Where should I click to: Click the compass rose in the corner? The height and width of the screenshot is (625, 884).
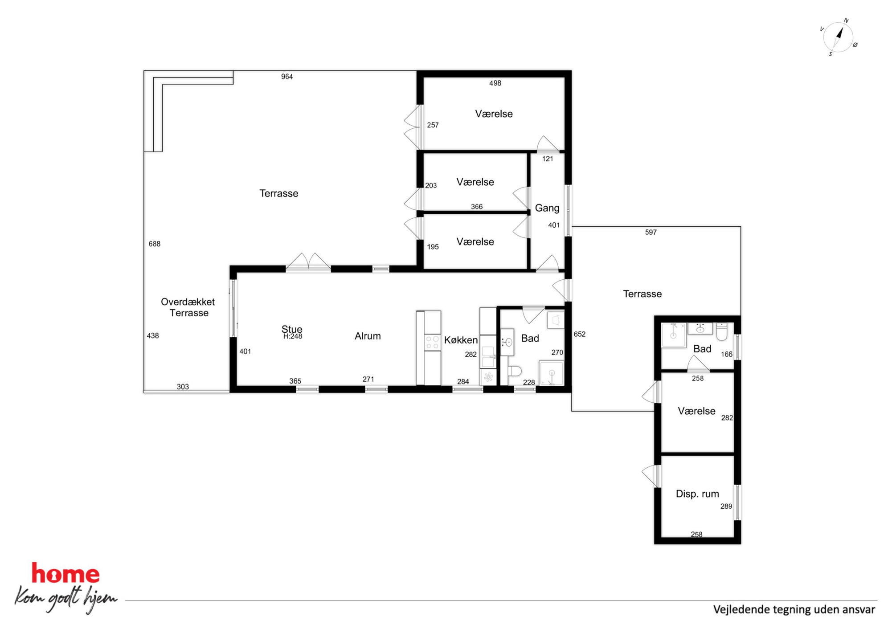(x=838, y=37)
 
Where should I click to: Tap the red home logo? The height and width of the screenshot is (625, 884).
(x=65, y=573)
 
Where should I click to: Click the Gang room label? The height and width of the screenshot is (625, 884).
(x=547, y=208)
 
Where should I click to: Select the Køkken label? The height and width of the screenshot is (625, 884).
(x=461, y=340)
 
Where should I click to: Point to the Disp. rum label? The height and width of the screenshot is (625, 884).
(x=697, y=494)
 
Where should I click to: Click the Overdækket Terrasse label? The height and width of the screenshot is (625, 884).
(x=188, y=307)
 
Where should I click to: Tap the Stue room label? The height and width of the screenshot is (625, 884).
(x=292, y=329)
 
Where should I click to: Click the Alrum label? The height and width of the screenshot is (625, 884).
(x=368, y=336)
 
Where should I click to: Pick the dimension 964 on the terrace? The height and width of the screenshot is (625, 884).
(x=287, y=77)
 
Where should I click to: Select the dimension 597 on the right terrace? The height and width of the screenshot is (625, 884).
(x=651, y=232)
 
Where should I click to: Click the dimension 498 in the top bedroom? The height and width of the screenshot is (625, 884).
(x=495, y=83)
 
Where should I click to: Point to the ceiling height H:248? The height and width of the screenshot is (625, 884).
(x=293, y=336)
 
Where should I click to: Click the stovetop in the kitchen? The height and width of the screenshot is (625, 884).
(x=432, y=342)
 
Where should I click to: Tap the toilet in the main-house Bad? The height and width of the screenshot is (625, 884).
(x=515, y=371)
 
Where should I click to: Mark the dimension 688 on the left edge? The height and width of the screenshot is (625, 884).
(x=155, y=244)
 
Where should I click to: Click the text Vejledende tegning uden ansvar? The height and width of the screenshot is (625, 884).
(x=794, y=609)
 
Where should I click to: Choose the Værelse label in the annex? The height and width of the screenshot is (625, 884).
(x=696, y=411)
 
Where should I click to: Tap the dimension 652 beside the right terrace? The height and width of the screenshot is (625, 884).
(x=579, y=334)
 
